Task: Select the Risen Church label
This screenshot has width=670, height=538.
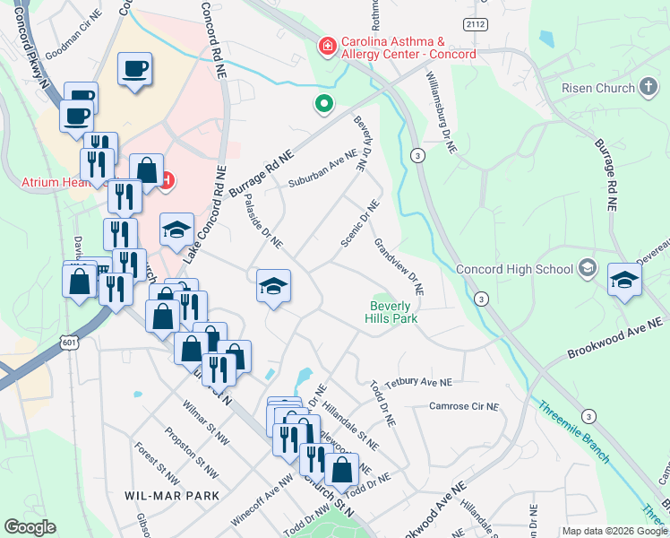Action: click(x=597, y=88)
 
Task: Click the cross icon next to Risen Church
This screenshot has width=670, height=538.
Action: click(x=648, y=87)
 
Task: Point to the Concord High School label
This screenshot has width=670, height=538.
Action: click(x=514, y=269)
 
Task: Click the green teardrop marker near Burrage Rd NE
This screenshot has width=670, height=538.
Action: click(x=323, y=105)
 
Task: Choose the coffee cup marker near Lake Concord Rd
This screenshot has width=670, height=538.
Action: click(x=134, y=69)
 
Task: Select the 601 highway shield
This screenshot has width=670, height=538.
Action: click(x=70, y=342)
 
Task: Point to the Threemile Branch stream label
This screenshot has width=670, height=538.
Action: click(x=574, y=431)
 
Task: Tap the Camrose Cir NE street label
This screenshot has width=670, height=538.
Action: click(x=463, y=406)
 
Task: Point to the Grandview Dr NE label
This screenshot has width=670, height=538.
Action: click(x=399, y=267)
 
